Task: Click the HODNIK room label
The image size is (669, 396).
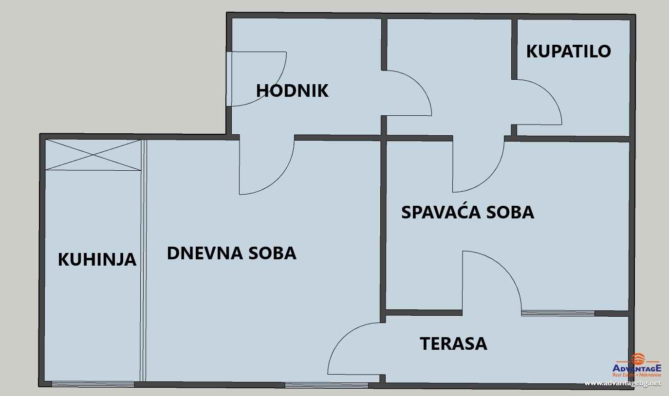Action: [x=292, y=90]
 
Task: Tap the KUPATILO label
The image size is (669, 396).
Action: [x=568, y=52]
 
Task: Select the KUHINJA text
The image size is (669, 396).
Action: [x=97, y=259]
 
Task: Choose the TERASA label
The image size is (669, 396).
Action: [x=453, y=343]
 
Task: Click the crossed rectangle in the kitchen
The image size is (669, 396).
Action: [x=93, y=155]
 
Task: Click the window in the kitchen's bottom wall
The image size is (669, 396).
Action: [x=93, y=384]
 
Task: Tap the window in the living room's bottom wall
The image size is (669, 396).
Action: [x=326, y=385]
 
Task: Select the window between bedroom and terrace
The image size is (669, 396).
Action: [x=558, y=313]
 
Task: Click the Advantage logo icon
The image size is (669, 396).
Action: [x=638, y=359]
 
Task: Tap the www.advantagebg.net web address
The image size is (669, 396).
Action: [x=623, y=383]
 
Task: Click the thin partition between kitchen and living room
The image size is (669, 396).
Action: [x=143, y=261]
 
